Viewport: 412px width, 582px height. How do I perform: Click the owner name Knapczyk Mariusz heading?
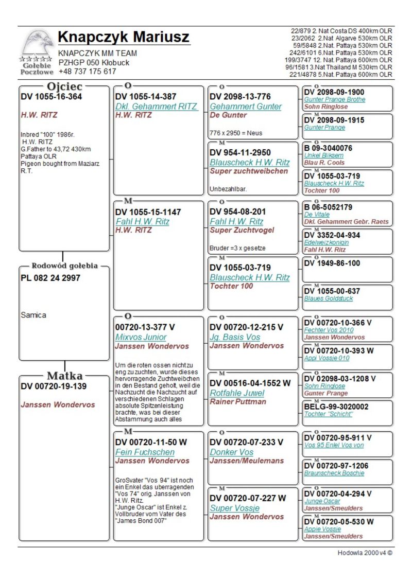(x=124, y=37)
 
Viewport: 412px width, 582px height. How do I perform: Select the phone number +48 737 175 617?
(x=87, y=72)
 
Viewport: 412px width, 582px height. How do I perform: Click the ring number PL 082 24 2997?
(x=50, y=278)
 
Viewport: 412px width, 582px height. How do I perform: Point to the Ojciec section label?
(x=64, y=86)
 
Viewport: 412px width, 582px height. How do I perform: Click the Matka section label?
(x=64, y=376)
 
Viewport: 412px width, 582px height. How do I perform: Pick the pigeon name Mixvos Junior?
(x=141, y=337)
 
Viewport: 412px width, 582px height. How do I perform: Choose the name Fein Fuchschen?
(x=138, y=452)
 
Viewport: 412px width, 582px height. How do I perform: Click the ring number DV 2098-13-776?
(x=239, y=97)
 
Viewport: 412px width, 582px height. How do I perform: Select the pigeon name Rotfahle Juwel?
(x=237, y=393)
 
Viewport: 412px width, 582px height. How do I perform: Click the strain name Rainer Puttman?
(x=238, y=402)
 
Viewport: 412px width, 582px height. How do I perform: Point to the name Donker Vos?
(x=231, y=452)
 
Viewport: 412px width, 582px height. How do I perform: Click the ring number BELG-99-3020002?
(x=336, y=407)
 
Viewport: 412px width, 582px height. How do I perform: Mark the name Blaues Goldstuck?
(x=328, y=298)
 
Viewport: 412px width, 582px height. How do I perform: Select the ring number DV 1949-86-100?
(x=332, y=263)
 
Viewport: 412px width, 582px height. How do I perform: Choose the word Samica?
(x=33, y=315)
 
